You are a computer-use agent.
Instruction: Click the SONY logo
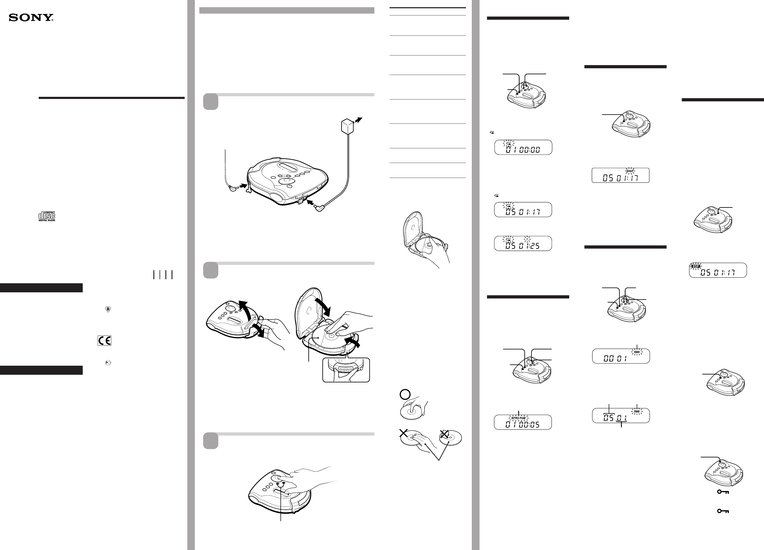[x=31, y=18]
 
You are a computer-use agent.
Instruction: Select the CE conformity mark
[x=104, y=341]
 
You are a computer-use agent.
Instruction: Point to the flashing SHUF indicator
[x=630, y=171]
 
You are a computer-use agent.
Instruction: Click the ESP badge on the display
[x=696, y=266]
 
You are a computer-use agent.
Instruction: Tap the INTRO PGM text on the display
[x=518, y=418]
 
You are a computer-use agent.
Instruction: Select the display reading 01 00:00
[x=523, y=148]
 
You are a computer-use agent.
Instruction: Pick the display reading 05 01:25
[x=523, y=244]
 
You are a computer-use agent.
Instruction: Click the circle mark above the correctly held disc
[x=405, y=395]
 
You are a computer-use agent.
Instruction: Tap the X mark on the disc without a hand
[x=445, y=435]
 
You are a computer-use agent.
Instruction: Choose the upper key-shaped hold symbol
[x=723, y=492]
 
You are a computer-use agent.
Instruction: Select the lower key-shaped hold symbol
[x=723, y=511]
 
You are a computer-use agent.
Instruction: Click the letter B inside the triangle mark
[x=108, y=309]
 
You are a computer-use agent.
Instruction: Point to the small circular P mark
[x=108, y=363]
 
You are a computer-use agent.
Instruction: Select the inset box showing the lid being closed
[x=346, y=370]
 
